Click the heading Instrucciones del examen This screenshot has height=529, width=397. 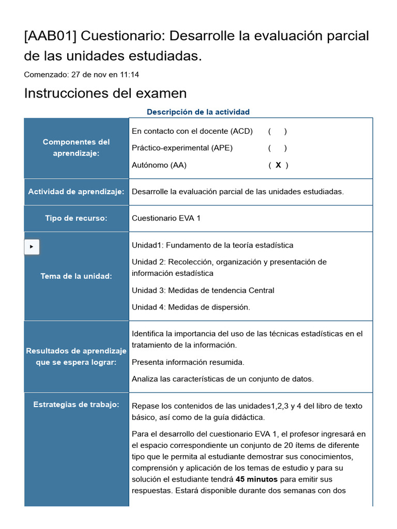pyautogui.click(x=105, y=93)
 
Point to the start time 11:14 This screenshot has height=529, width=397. pyautogui.click(x=129, y=74)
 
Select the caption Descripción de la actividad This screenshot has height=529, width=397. pyautogui.click(x=198, y=112)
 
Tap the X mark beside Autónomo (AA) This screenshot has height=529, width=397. pyautogui.click(x=278, y=165)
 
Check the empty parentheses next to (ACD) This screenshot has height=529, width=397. pyautogui.click(x=278, y=131)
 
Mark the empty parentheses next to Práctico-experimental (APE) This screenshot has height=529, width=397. pyautogui.click(x=278, y=148)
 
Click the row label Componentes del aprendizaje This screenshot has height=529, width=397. pyautogui.click(x=77, y=148)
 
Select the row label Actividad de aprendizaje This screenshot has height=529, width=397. pyautogui.click(x=77, y=192)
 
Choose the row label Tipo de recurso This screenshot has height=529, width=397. pyautogui.click(x=77, y=218)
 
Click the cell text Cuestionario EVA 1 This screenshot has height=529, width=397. pyautogui.click(x=166, y=218)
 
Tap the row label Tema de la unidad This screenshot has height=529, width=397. pyautogui.click(x=77, y=276)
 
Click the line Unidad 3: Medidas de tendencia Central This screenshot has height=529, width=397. pyautogui.click(x=203, y=290)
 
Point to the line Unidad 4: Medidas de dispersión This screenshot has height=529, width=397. pyautogui.click(x=191, y=307)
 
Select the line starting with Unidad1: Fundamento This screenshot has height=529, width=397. pyautogui.click(x=212, y=245)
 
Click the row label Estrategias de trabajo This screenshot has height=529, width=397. pyautogui.click(x=77, y=404)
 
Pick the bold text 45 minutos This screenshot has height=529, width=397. pyautogui.click(x=256, y=479)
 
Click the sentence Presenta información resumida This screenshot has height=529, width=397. pyautogui.click(x=188, y=362)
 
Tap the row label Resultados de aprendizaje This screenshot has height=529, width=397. pyautogui.click(x=77, y=356)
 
